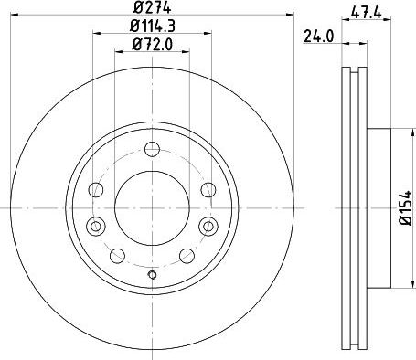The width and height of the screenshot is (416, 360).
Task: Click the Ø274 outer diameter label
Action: [152, 7]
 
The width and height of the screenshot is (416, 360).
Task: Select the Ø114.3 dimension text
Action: [153, 26]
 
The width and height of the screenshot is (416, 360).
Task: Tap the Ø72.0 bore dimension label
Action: [153, 45]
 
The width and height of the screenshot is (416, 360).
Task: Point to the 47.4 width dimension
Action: [366, 13]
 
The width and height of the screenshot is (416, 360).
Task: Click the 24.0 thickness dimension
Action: [319, 37]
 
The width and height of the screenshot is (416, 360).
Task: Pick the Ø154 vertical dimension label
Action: [406, 208]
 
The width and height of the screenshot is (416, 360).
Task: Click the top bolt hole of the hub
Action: [152, 149]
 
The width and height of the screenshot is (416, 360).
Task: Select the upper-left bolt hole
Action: [96, 190]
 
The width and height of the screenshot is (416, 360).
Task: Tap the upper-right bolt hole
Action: [208, 190]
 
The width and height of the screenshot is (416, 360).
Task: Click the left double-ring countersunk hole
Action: [96, 226]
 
